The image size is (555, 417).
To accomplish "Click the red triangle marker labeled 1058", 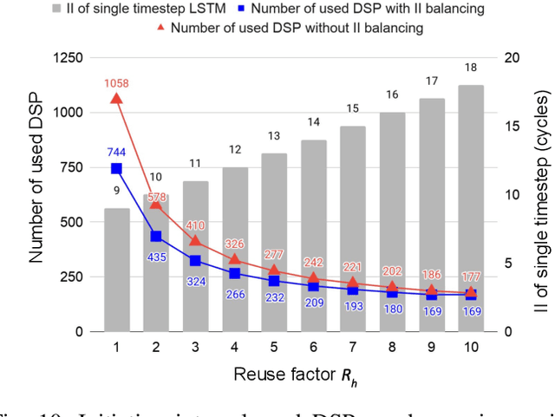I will tap(116, 99).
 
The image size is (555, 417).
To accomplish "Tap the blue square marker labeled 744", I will tap(116, 168).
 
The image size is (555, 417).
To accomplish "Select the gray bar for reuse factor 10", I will tap(470, 208).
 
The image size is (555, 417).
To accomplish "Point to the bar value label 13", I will tap(273, 137).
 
